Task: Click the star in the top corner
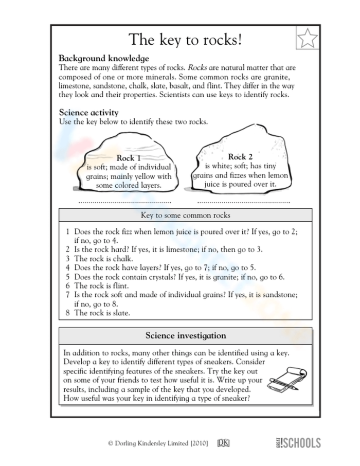[x=308, y=38]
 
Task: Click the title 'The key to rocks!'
[x=185, y=39]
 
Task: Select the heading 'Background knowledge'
[x=104, y=58]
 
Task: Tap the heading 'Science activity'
[x=88, y=113]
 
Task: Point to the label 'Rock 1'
[x=129, y=158]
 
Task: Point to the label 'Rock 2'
[x=240, y=156]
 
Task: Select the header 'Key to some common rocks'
[x=185, y=216]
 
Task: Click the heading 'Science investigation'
[x=185, y=336]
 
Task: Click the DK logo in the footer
[x=223, y=443]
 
